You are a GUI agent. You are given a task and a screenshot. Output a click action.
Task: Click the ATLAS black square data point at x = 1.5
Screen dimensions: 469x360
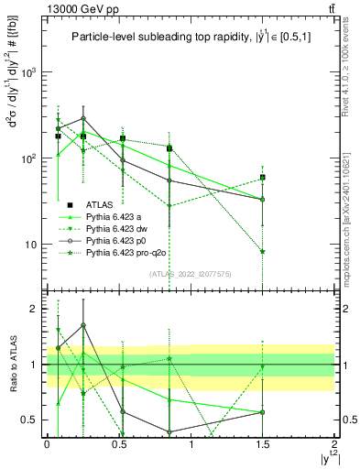pyautogui.click(x=263, y=178)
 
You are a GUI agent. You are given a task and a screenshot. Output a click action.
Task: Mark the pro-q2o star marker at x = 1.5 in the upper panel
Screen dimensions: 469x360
pyautogui.click(x=263, y=251)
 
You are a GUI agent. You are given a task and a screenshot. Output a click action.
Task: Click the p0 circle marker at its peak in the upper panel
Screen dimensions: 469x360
pyautogui.click(x=83, y=118)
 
